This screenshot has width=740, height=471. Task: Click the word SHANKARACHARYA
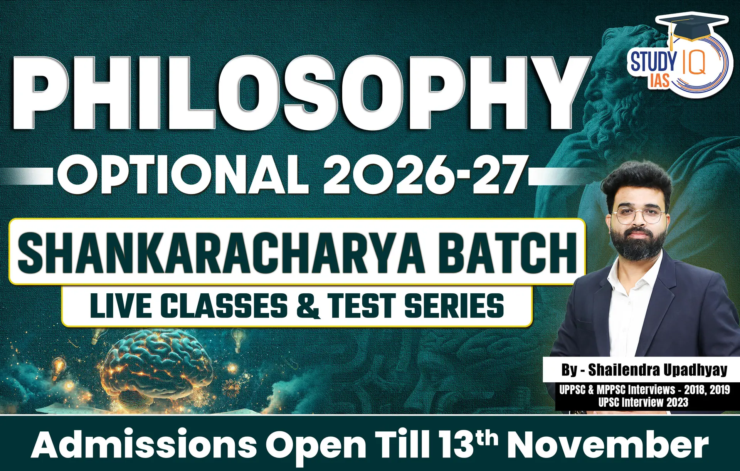[221, 252]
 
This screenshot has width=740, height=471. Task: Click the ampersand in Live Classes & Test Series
[308, 306]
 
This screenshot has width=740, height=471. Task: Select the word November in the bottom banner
[608, 444]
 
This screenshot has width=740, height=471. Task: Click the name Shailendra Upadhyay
[658, 370]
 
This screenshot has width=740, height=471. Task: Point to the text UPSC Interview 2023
[643, 402]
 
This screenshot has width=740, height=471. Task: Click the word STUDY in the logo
[653, 62]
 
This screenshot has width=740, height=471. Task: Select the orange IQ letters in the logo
[693, 62]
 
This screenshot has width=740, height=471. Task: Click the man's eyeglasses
[638, 216]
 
